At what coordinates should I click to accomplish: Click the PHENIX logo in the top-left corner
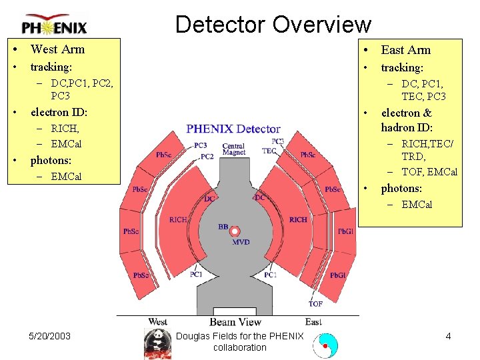pyautogui.click(x=54, y=25)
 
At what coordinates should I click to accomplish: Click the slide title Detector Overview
pyautogui.click(x=273, y=25)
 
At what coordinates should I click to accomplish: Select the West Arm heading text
pyautogui.click(x=57, y=49)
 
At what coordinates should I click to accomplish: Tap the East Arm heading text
pyautogui.click(x=405, y=50)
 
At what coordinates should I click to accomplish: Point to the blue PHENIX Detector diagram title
pyautogui.click(x=233, y=129)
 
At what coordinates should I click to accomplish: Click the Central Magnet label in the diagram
pyautogui.click(x=233, y=149)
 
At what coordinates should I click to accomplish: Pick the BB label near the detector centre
pyautogui.click(x=223, y=227)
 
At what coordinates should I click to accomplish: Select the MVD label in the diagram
pyautogui.click(x=241, y=242)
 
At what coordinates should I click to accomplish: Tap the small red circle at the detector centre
pyautogui.click(x=235, y=231)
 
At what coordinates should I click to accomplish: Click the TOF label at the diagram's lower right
pyautogui.click(x=315, y=304)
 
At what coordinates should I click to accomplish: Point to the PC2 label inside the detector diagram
pyautogui.click(x=207, y=157)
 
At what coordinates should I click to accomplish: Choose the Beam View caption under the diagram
pyautogui.click(x=235, y=322)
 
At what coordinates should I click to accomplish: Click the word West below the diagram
pyautogui.click(x=158, y=322)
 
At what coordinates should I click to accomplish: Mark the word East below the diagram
pyautogui.click(x=313, y=322)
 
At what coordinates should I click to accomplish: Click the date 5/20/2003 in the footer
pyautogui.click(x=51, y=336)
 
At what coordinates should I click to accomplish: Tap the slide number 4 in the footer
pyautogui.click(x=448, y=336)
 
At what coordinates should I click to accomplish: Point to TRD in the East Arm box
pyautogui.click(x=413, y=157)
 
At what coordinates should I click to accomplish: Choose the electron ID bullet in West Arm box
pyautogui.click(x=59, y=112)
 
